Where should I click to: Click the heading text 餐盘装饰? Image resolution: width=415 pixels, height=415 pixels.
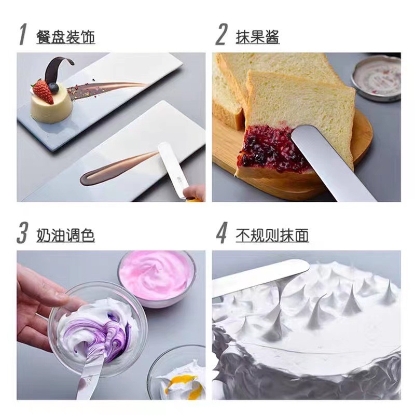65,36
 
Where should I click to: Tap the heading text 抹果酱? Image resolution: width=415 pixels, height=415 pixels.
257,36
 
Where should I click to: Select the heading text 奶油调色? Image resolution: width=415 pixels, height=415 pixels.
65,234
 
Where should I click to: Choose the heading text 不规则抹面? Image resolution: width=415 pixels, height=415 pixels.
272,234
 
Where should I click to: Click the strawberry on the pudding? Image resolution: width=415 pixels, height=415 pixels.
43,91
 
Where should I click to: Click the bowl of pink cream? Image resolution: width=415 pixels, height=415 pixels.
157,274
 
